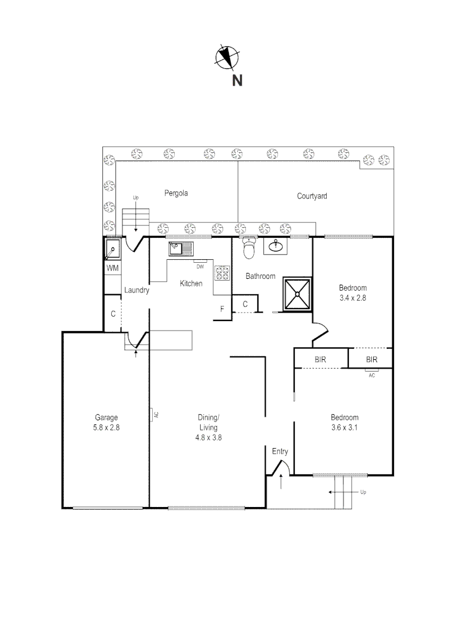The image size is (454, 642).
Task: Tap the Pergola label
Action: (176, 193)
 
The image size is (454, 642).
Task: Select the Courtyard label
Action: (312, 196)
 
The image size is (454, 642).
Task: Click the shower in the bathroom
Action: (297, 293)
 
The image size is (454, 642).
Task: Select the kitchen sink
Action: (179, 248)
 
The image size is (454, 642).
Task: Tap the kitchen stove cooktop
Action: (222, 273)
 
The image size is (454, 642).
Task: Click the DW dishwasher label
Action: (200, 266)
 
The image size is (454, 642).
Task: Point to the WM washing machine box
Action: (113, 269)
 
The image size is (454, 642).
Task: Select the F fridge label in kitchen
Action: (222, 309)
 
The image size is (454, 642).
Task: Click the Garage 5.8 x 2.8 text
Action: (106, 422)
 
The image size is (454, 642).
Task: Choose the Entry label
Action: (280, 452)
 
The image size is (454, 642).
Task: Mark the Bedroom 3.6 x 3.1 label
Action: (345, 422)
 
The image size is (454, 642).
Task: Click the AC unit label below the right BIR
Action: (372, 375)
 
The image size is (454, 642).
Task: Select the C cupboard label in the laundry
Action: (112, 313)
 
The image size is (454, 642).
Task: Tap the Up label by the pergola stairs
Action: (135, 197)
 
